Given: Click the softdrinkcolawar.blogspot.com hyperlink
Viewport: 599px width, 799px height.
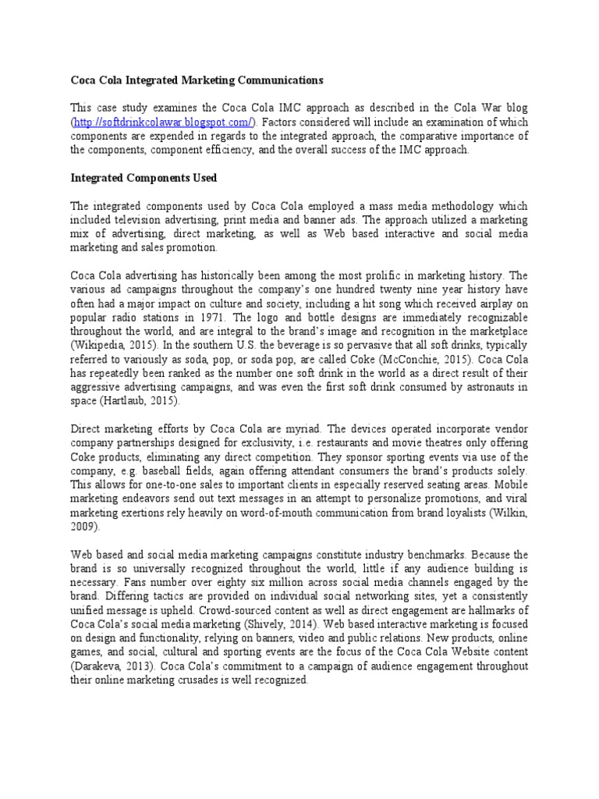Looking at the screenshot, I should (x=163, y=123).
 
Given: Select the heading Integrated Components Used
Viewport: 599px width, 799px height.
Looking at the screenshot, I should (x=144, y=178).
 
